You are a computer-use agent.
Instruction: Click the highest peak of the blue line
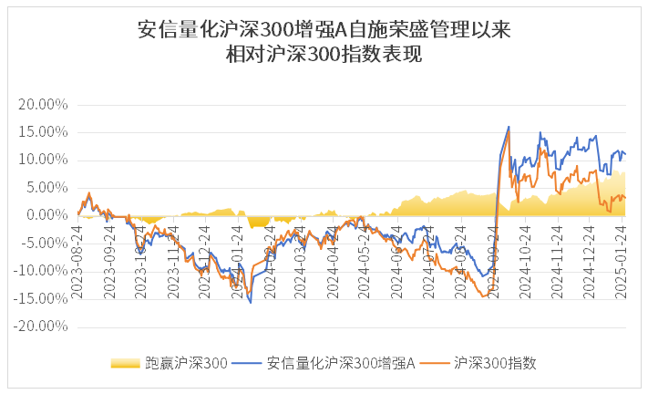509,127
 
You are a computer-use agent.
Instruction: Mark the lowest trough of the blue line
251,302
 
